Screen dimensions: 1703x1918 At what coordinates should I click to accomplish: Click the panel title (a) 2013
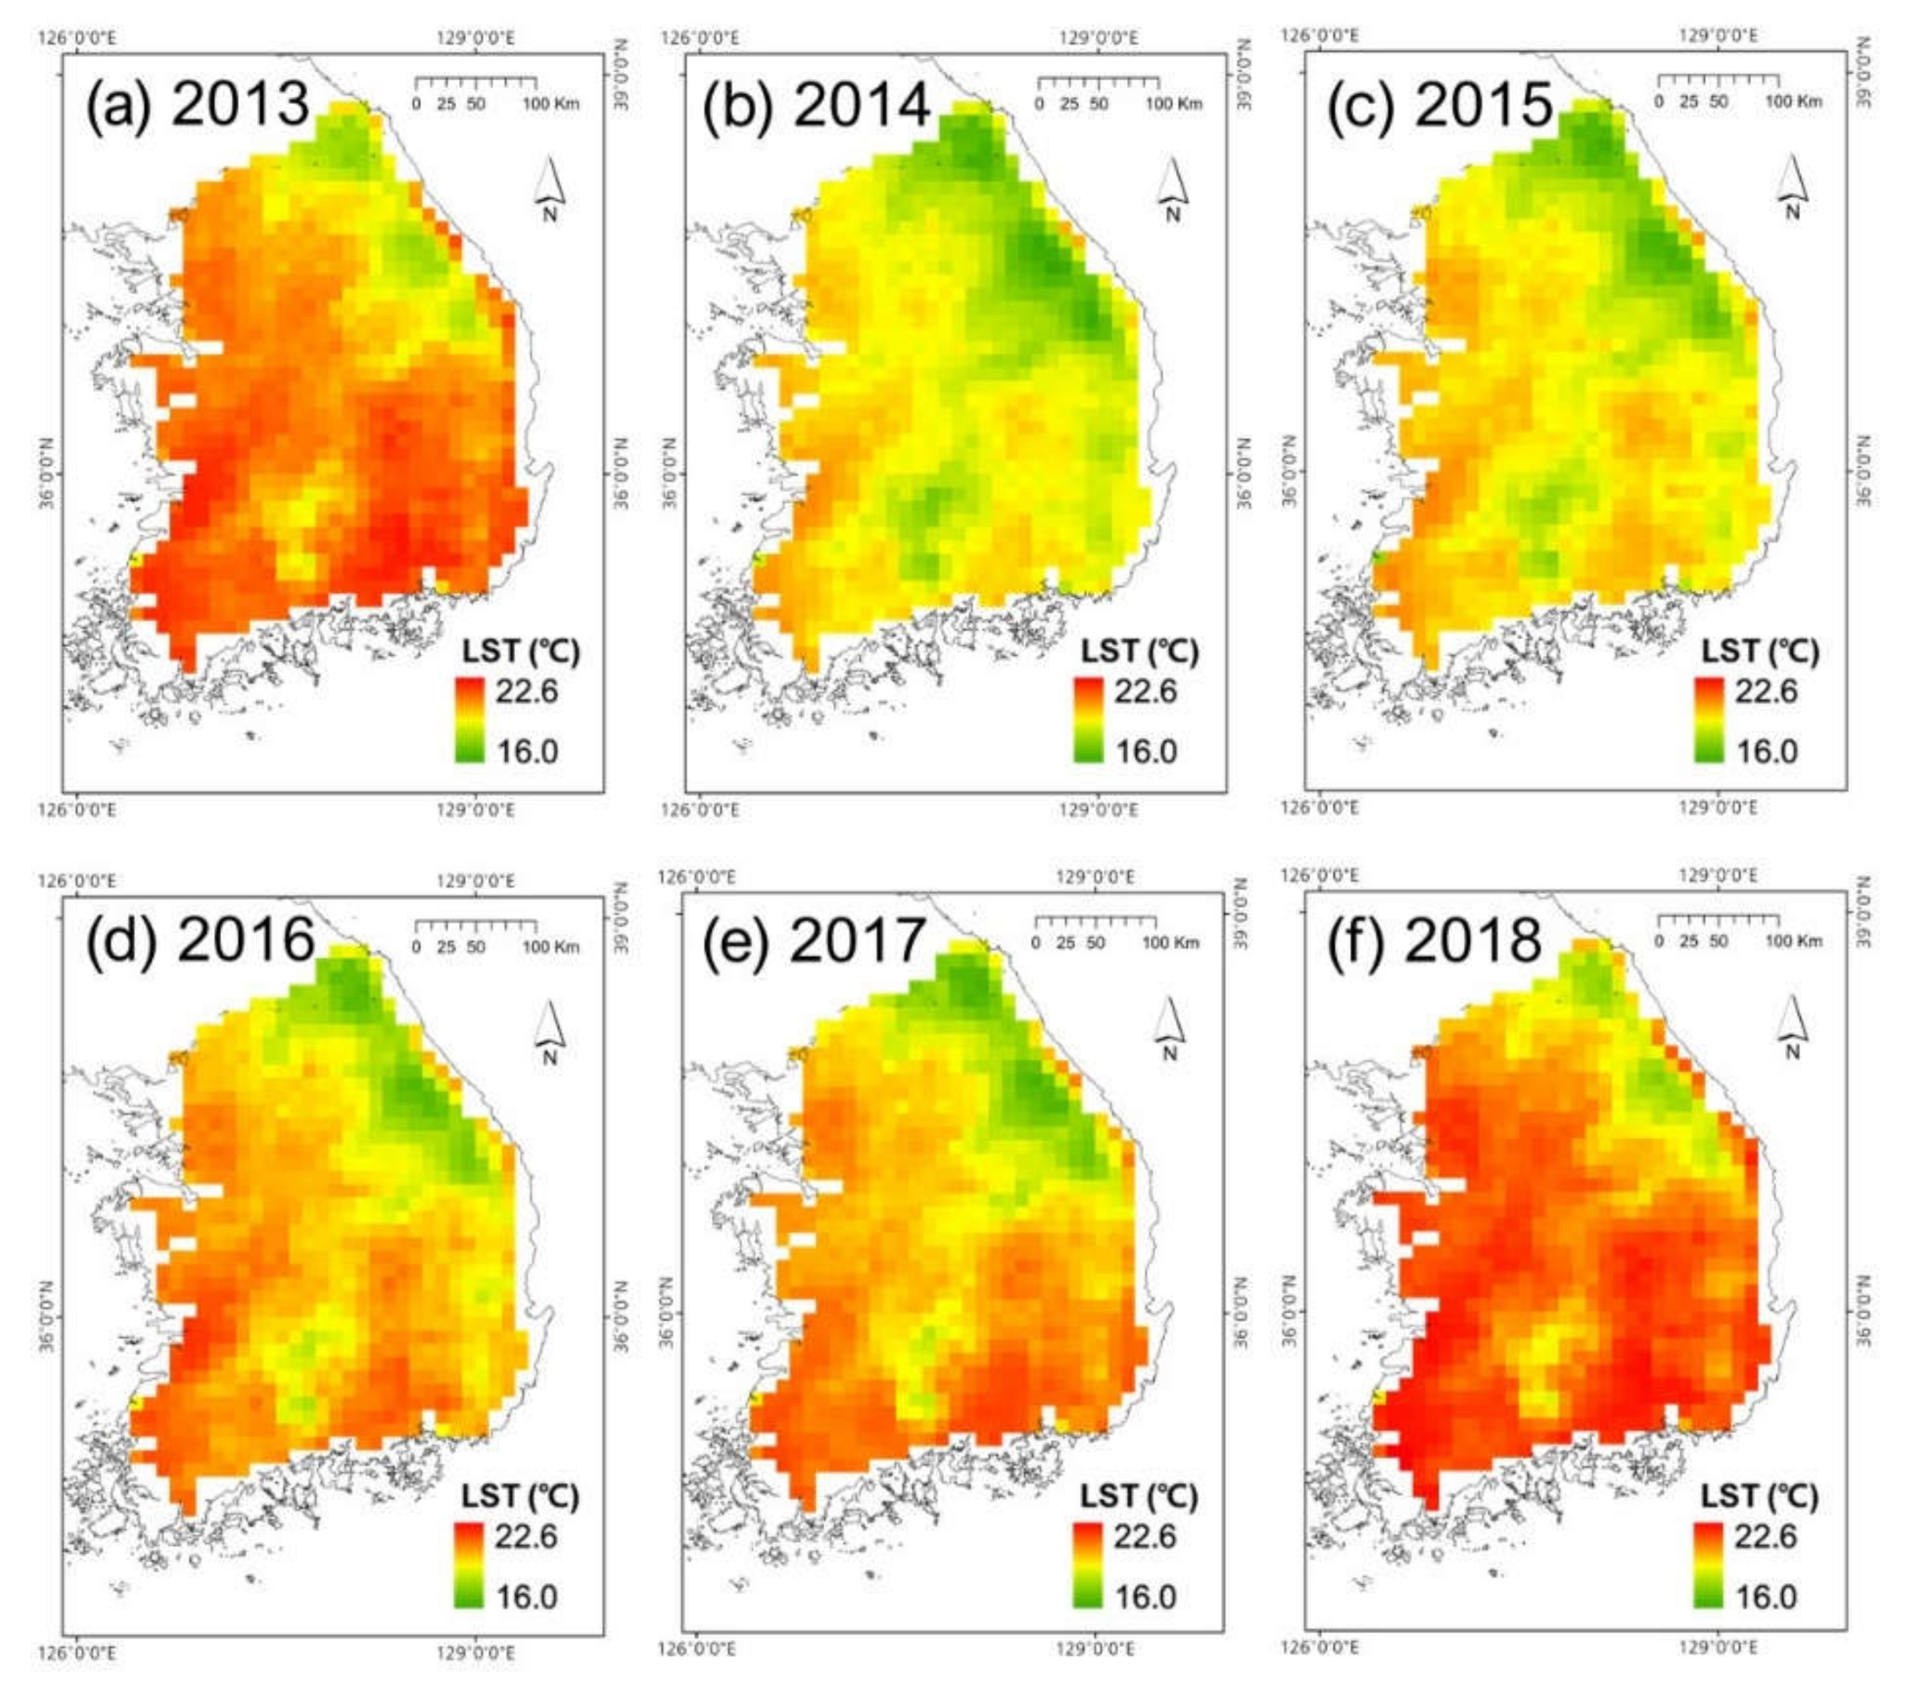[197, 103]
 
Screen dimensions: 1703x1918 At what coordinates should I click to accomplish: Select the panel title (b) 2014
[817, 103]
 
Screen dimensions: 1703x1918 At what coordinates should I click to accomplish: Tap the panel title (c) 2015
[1438, 103]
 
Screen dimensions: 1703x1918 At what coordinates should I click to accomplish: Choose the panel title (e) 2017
[815, 939]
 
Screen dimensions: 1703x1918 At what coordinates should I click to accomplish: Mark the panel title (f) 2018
[1434, 939]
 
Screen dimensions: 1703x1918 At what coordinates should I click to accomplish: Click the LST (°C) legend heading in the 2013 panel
[521, 651]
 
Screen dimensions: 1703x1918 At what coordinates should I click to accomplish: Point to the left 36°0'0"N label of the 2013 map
[47, 474]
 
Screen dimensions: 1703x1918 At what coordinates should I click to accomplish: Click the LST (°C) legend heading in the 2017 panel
[1139, 1496]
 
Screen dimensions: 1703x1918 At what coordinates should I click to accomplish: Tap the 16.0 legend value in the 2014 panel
[1145, 751]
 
